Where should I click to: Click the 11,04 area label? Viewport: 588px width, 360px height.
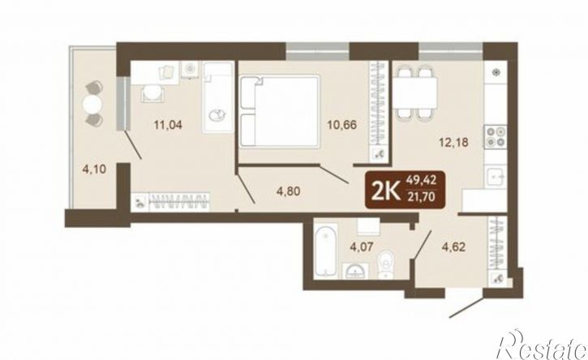click(x=168, y=125)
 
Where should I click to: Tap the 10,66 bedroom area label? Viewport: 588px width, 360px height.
click(x=341, y=125)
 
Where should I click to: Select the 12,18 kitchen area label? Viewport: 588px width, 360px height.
click(x=454, y=142)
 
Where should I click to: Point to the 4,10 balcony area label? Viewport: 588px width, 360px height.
click(x=95, y=169)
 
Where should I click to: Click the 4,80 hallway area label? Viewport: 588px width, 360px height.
click(x=288, y=191)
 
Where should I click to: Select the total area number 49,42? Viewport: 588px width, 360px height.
click(x=423, y=180)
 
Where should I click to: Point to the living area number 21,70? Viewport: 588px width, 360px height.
click(x=423, y=196)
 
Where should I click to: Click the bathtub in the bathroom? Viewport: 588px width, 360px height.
click(x=325, y=250)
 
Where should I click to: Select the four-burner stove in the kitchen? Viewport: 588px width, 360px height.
click(x=495, y=136)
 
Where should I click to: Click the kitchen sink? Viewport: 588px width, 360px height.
click(x=496, y=177)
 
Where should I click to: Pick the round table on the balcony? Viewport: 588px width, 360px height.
click(x=94, y=104)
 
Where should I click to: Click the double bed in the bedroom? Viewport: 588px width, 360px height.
click(x=279, y=111)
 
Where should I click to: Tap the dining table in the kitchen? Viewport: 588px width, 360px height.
click(x=415, y=92)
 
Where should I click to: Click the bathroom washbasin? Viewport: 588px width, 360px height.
click(x=355, y=270)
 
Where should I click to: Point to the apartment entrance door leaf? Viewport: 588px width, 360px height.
click(x=466, y=306)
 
